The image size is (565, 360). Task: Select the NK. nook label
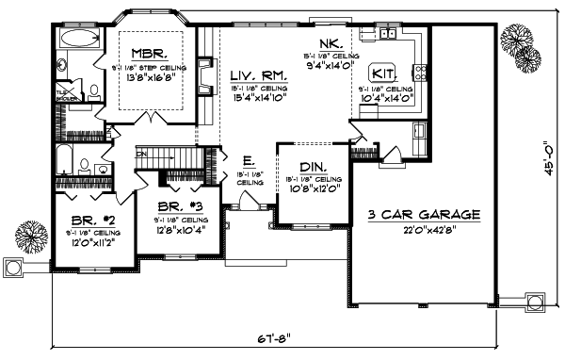point(331,44)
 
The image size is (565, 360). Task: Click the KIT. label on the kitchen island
point(383,72)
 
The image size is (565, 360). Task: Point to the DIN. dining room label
point(312,167)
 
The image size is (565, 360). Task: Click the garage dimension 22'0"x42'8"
point(424,228)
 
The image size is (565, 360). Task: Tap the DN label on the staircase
point(142,154)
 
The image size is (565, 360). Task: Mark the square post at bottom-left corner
point(12,269)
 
